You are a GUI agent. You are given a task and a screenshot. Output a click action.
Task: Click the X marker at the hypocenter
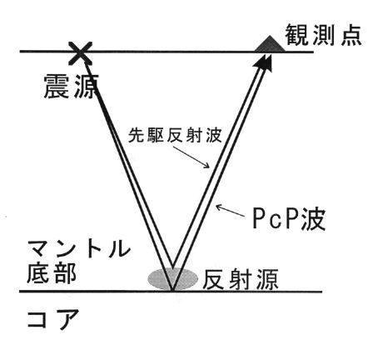click(81, 53)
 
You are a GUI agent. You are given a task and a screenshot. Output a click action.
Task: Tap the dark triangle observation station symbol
click(270, 44)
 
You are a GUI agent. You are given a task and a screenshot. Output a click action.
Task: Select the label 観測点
click(324, 35)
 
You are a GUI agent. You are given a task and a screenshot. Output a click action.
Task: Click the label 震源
click(72, 86)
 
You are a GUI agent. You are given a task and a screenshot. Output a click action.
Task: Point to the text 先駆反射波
click(175, 135)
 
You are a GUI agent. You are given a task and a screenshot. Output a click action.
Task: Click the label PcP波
click(289, 218)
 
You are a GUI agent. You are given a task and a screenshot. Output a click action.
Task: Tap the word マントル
click(79, 248)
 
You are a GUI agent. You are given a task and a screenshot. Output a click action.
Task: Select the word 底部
click(52, 273)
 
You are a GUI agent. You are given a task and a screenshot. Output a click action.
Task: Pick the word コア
click(53, 319)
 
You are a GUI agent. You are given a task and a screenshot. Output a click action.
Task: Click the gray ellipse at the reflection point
click(172, 279)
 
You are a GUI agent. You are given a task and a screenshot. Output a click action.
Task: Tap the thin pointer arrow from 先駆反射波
click(191, 157)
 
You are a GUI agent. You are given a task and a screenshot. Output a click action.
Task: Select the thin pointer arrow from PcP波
click(231, 210)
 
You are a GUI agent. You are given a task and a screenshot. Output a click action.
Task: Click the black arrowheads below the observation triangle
click(263, 62)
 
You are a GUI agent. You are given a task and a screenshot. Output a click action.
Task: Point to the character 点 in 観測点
click(351, 35)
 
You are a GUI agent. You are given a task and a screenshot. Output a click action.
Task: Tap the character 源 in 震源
click(85, 86)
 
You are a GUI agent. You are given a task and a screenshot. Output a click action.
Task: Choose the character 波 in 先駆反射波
click(214, 135)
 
